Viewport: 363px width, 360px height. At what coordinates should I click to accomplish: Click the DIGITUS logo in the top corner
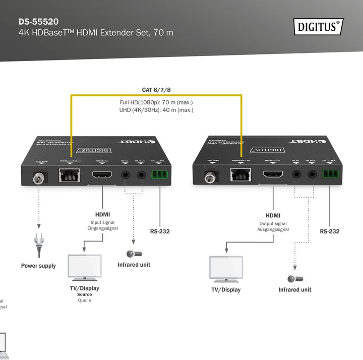click(318, 26)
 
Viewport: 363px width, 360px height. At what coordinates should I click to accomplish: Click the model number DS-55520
click(38, 22)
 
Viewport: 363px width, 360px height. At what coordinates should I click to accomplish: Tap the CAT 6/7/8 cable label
click(156, 90)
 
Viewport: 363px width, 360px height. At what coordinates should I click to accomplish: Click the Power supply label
click(38, 266)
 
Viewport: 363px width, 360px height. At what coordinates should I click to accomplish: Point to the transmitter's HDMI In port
click(102, 176)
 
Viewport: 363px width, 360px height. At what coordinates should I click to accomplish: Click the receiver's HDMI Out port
click(273, 176)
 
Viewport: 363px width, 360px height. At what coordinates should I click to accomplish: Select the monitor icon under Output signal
click(226, 269)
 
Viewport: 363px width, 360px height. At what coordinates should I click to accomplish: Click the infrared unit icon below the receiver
click(295, 279)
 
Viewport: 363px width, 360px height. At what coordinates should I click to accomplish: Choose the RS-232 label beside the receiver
click(330, 231)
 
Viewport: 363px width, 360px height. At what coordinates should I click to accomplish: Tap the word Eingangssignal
click(102, 228)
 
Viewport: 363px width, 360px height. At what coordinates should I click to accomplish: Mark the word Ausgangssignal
click(273, 229)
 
